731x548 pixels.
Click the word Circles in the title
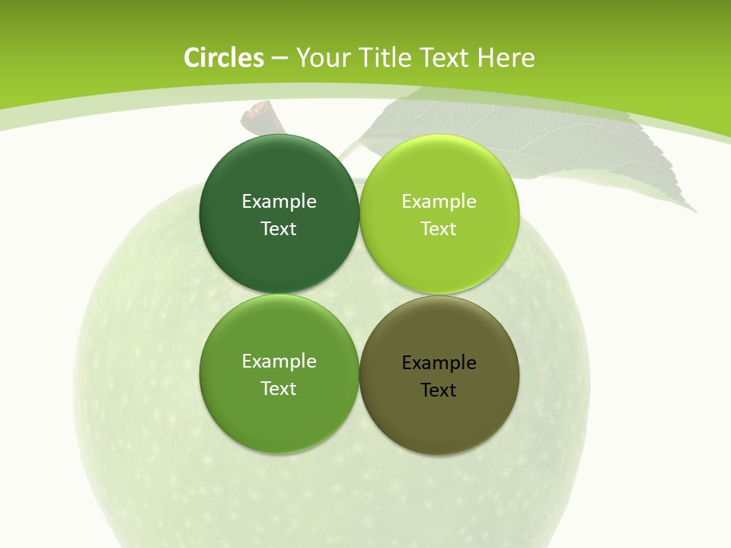point(224,58)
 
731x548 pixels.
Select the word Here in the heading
point(506,58)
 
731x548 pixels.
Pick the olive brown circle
point(439,415)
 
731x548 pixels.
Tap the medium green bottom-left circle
point(279,415)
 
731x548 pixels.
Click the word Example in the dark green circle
point(279,202)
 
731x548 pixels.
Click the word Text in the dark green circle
point(279,229)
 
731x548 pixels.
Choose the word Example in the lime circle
point(439,202)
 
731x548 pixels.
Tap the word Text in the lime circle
point(439,229)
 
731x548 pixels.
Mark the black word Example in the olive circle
point(439,363)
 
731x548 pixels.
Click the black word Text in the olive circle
point(439,390)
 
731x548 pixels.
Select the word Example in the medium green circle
point(279,362)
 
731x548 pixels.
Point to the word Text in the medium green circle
point(279,389)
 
